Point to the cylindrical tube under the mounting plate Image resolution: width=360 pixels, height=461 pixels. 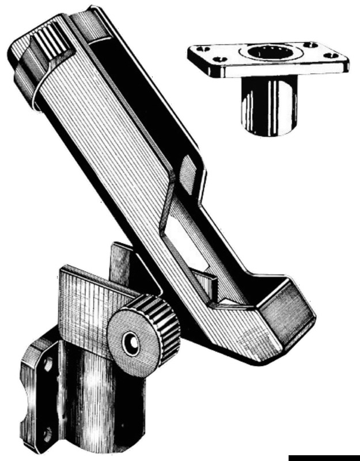click(x=268, y=107)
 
